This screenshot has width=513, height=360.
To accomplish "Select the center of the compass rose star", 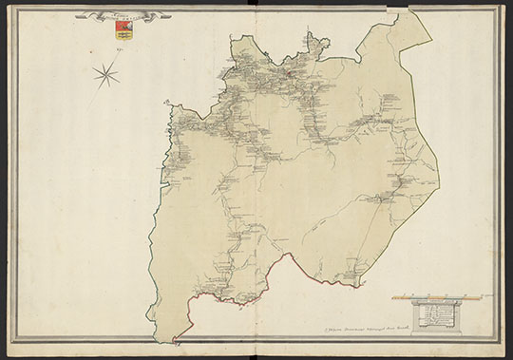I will (x=107, y=71).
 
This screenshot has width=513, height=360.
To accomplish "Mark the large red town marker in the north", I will (x=281, y=70).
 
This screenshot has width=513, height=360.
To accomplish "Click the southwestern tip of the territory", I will (x=174, y=341).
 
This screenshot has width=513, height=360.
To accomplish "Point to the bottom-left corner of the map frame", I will (x=11, y=343).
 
